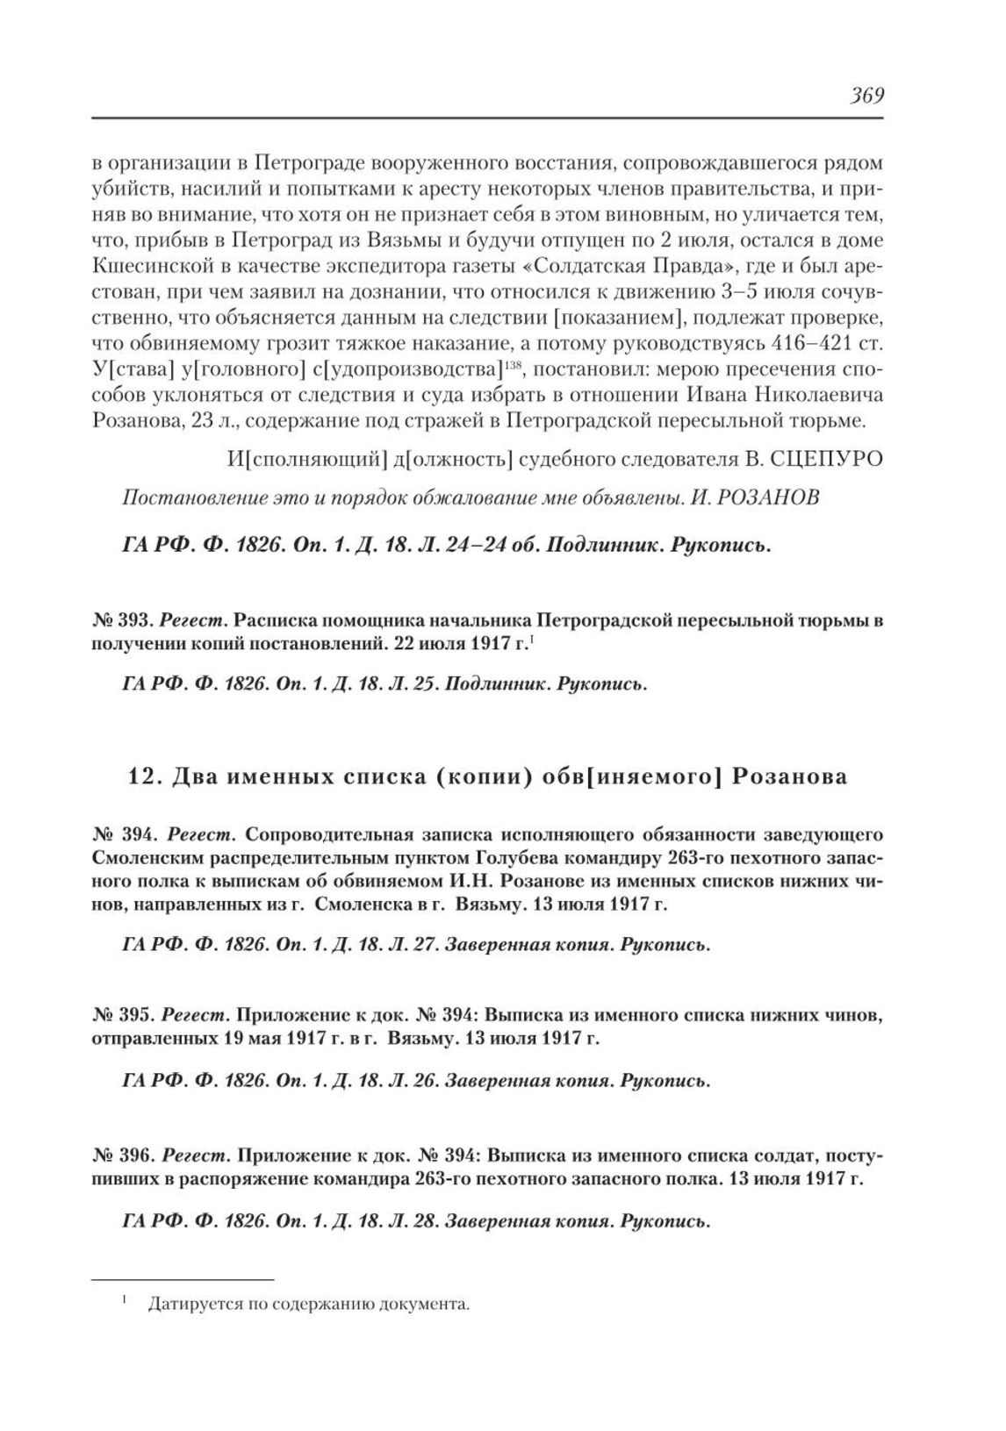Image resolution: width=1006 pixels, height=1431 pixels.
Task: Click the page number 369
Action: [x=865, y=96]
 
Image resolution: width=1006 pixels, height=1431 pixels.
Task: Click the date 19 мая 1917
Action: [x=277, y=1039]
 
